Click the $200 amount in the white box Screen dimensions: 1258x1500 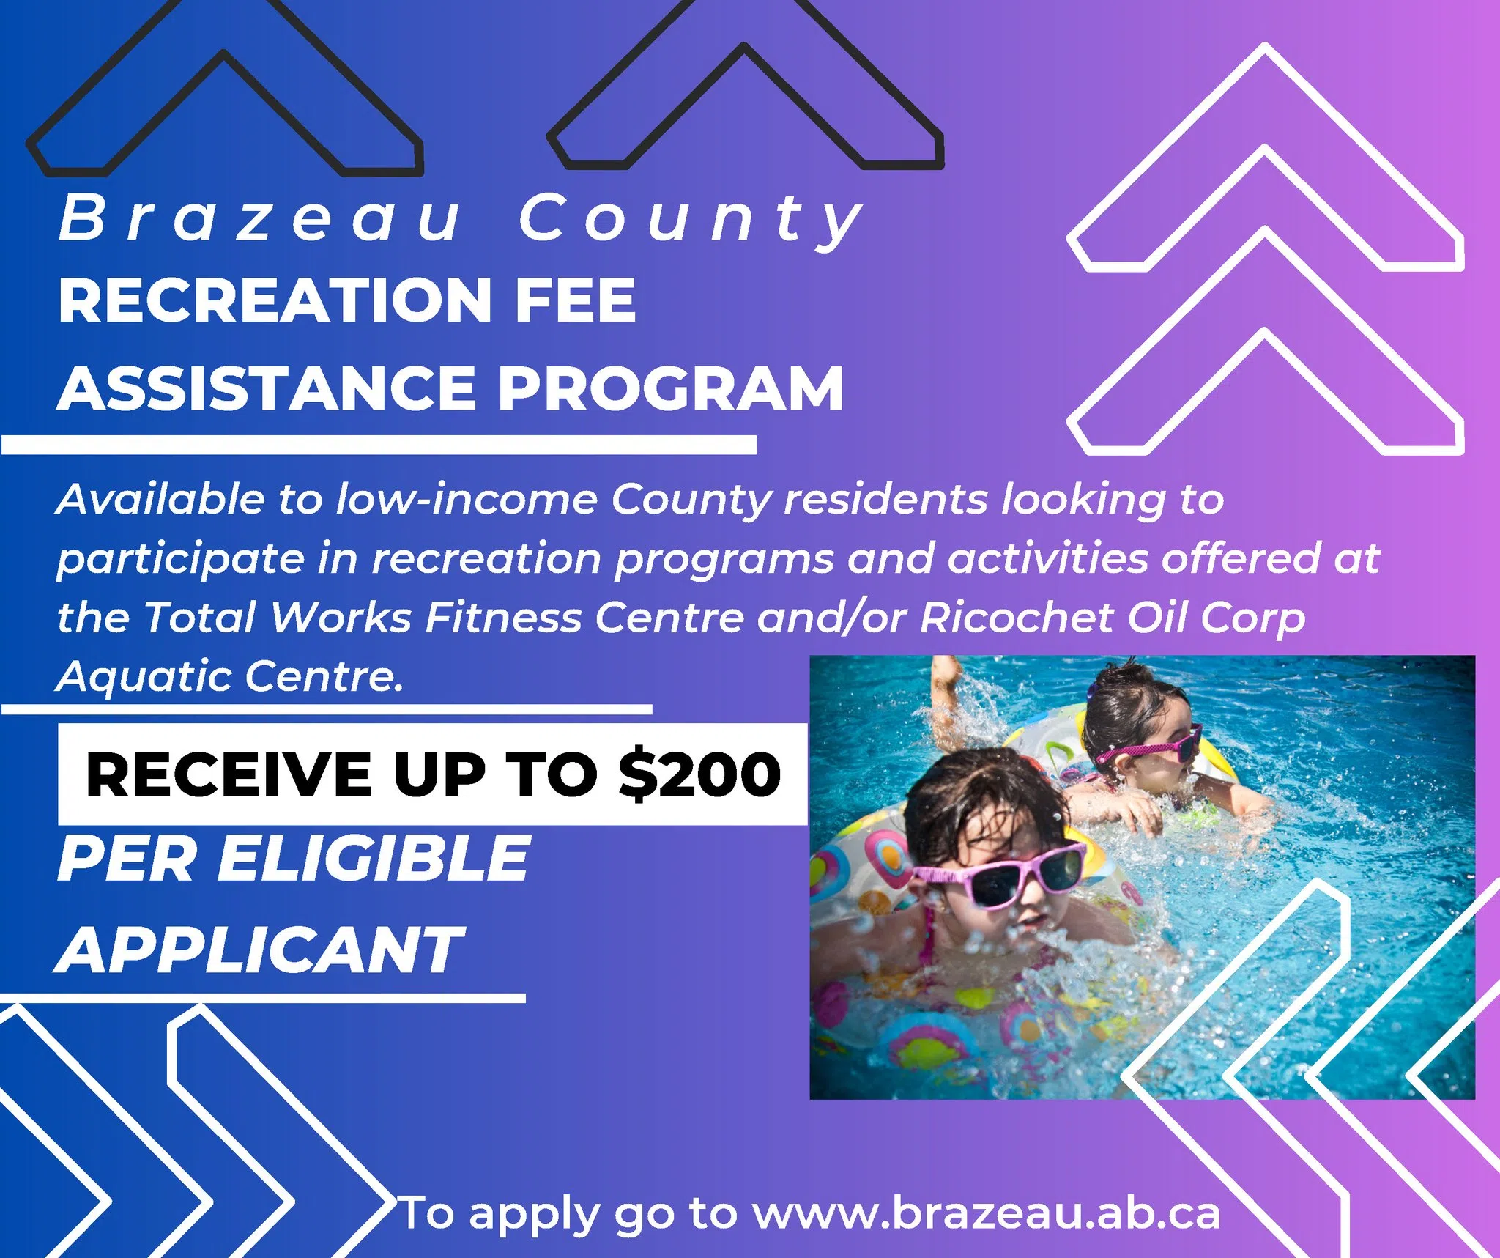[699, 774]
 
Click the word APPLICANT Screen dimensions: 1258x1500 [260, 950]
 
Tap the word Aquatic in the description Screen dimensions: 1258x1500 [144, 676]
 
